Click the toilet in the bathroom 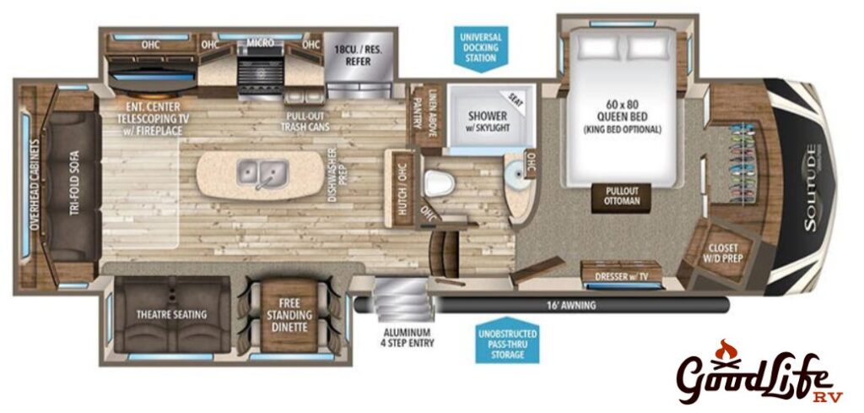point(440,182)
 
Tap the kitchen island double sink point(263,172)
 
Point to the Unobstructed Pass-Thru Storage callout point(508,342)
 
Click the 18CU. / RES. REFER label point(358,56)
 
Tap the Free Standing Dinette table point(289,315)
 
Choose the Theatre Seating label point(172,314)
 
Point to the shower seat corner point(515,99)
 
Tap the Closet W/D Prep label point(723,253)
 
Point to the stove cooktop point(261,73)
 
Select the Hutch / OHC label point(402,187)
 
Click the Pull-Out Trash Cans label point(307,122)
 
